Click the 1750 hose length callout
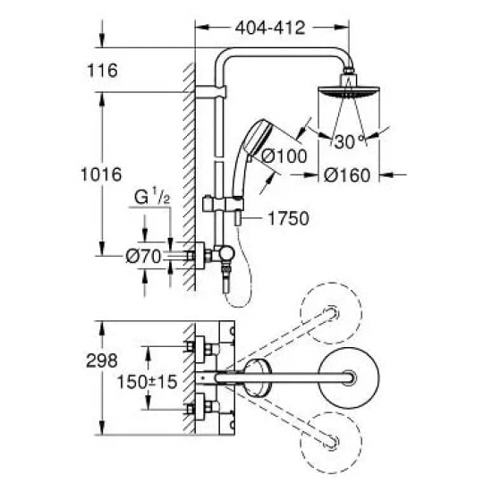point(281,217)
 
